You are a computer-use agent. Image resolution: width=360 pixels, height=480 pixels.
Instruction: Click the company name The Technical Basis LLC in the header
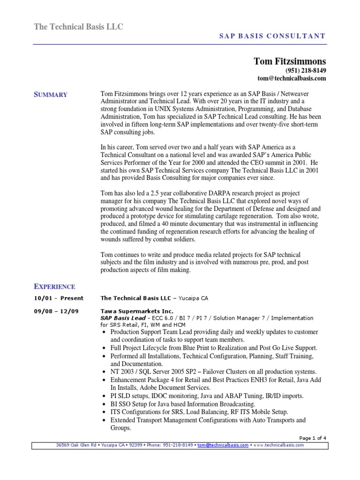[x=79, y=27]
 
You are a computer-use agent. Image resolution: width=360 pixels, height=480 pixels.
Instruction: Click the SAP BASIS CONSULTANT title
[x=272, y=36]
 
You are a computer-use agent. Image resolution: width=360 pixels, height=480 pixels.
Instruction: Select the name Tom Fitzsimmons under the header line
[x=290, y=61]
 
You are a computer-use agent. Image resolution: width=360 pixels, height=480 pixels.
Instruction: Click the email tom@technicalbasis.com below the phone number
[x=292, y=78]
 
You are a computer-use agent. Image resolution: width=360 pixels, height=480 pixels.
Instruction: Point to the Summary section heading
[x=51, y=95]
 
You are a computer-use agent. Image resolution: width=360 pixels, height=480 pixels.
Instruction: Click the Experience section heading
[x=54, y=286]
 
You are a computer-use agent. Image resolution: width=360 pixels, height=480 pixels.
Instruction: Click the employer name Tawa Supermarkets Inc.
[x=137, y=311]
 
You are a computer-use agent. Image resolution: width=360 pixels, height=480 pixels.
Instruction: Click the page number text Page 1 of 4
[x=312, y=438]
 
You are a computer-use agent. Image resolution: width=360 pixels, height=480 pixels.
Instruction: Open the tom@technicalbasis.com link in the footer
[x=223, y=445]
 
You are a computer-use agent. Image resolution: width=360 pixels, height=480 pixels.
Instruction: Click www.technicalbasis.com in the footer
[x=278, y=445]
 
